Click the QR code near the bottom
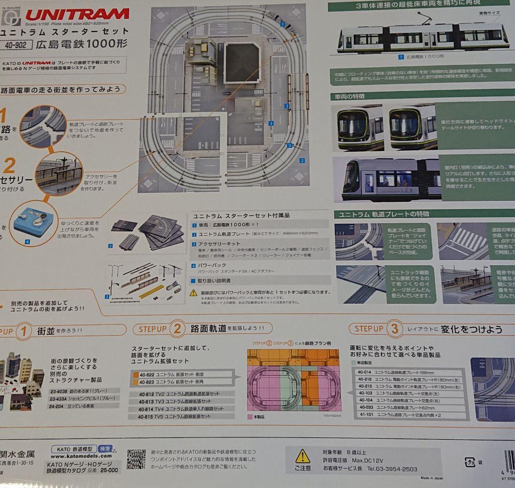(x=136, y=459)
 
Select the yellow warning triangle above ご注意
(x=302, y=457)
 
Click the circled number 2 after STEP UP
(x=177, y=329)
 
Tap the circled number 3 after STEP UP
(x=394, y=329)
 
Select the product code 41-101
(x=363, y=415)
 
